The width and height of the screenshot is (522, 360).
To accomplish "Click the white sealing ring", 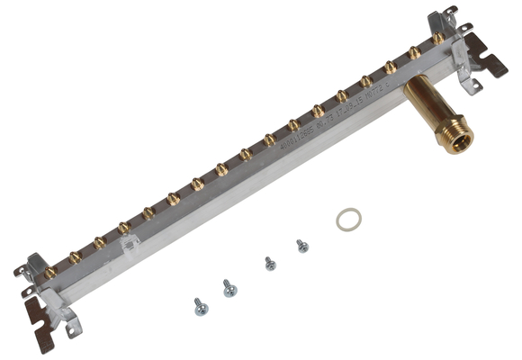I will (x=349, y=219).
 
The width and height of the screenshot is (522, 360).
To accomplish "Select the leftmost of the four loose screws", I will (x=200, y=307).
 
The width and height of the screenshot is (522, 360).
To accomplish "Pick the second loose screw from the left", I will (x=230, y=288).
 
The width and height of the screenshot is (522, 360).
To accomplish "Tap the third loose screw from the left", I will (x=270, y=264).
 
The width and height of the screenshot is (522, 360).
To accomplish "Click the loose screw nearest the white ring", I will (x=302, y=245).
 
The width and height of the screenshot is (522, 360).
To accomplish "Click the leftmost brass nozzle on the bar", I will (x=51, y=271).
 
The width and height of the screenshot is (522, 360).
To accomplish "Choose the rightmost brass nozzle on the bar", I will (x=437, y=39).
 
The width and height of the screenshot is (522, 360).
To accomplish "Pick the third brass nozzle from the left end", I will (x=100, y=242).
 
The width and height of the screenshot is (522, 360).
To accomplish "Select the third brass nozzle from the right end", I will (x=390, y=67).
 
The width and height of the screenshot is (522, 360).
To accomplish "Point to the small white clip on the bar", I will (x=131, y=242).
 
